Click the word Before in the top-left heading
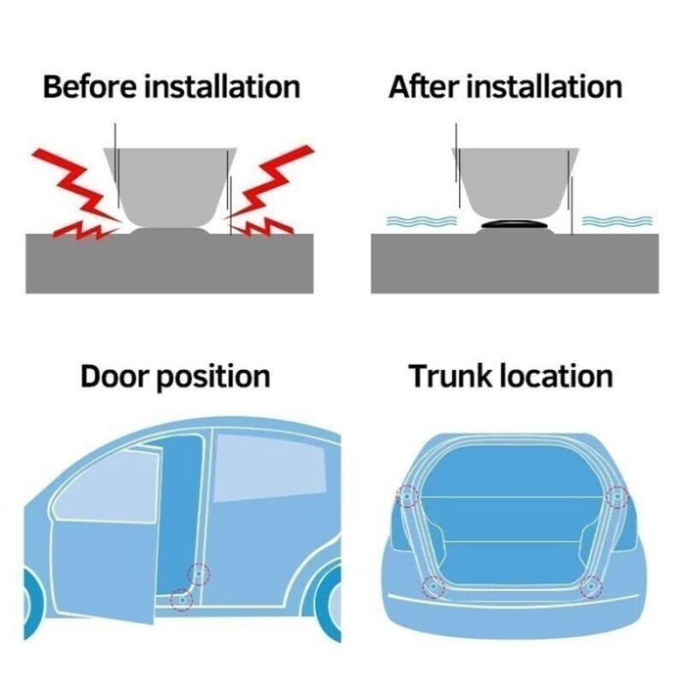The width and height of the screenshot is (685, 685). click(x=91, y=86)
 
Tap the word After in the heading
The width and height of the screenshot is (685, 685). click(x=423, y=86)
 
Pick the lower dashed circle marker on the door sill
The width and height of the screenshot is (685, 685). click(x=181, y=599)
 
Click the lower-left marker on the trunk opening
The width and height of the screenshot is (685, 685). click(x=432, y=586)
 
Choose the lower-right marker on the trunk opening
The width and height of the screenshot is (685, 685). click(x=590, y=586)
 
